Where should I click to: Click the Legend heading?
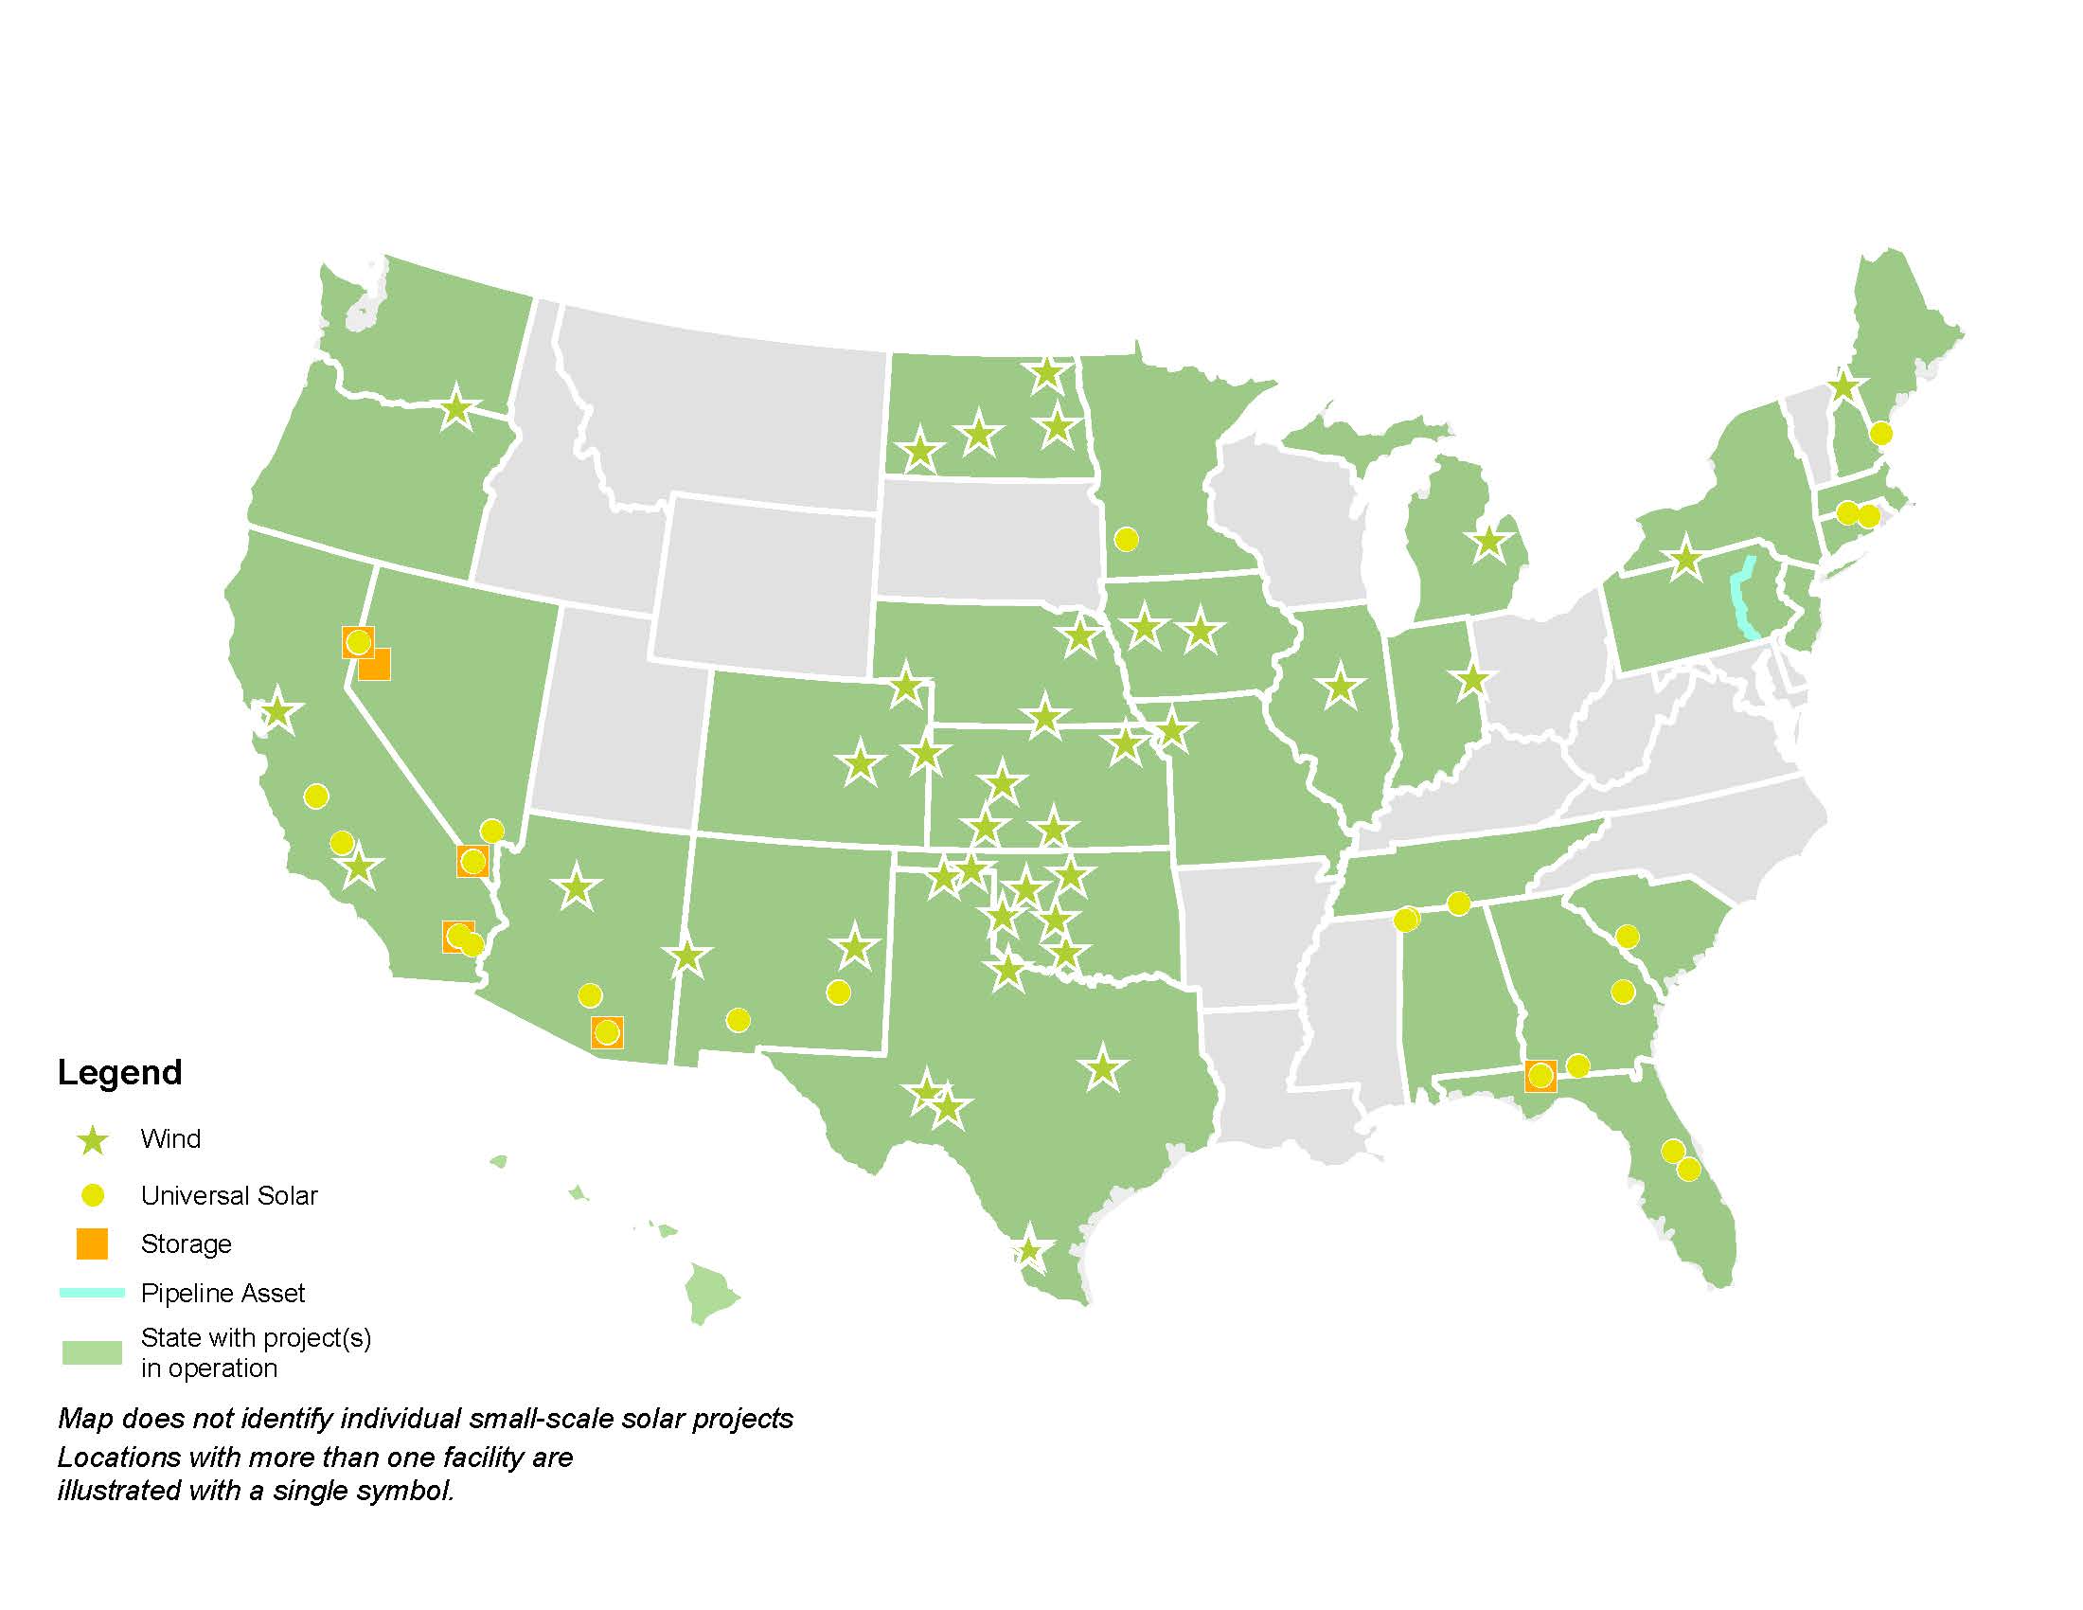click(119, 1072)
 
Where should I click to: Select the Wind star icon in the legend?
click(93, 1138)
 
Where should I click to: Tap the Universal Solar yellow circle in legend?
click(93, 1195)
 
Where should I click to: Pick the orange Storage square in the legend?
click(93, 1243)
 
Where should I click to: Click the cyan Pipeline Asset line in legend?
click(93, 1293)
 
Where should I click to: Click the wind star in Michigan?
click(1488, 543)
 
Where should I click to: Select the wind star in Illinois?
click(1341, 686)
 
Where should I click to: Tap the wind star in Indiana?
click(1472, 680)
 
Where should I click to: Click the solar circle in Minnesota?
click(1127, 539)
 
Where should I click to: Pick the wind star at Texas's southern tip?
click(1028, 1249)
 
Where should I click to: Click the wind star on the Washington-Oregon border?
click(456, 409)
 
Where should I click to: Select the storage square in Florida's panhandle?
click(1540, 1076)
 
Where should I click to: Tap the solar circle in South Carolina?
click(1627, 937)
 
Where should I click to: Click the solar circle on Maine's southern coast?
click(1879, 433)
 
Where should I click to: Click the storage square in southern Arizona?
click(607, 1032)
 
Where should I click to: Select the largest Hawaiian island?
click(710, 1293)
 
